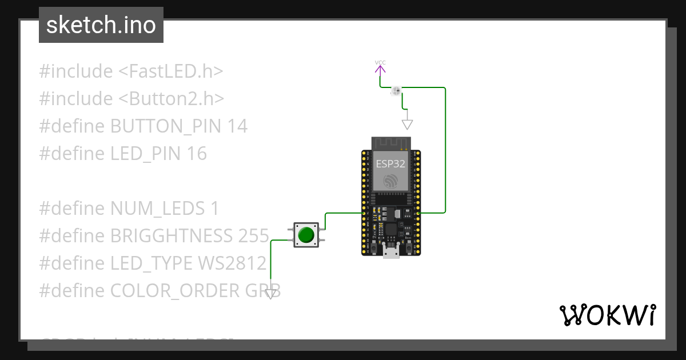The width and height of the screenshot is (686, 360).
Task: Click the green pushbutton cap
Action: pyautogui.click(x=307, y=235)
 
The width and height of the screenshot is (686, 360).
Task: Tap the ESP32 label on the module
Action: pyautogui.click(x=391, y=163)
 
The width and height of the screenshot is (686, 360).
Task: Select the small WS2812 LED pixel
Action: pyautogui.click(x=396, y=90)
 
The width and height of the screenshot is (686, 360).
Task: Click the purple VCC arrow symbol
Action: pyautogui.click(x=380, y=69)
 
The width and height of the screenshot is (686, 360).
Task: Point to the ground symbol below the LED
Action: pyautogui.click(x=407, y=124)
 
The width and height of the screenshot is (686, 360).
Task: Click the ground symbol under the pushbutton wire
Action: pyautogui.click(x=270, y=294)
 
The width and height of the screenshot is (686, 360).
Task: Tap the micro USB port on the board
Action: pyautogui.click(x=391, y=252)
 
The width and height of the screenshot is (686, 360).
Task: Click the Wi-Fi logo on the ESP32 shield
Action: pyautogui.click(x=391, y=182)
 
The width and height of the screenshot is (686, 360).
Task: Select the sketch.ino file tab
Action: pyautogui.click(x=101, y=25)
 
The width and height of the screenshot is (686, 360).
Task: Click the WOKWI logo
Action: pyautogui.click(x=607, y=315)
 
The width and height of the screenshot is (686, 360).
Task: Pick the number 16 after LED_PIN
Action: pyautogui.click(x=196, y=154)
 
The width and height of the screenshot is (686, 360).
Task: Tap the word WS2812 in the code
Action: pyautogui.click(x=232, y=263)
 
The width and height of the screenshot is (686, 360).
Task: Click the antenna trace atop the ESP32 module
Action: pyautogui.click(x=391, y=142)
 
